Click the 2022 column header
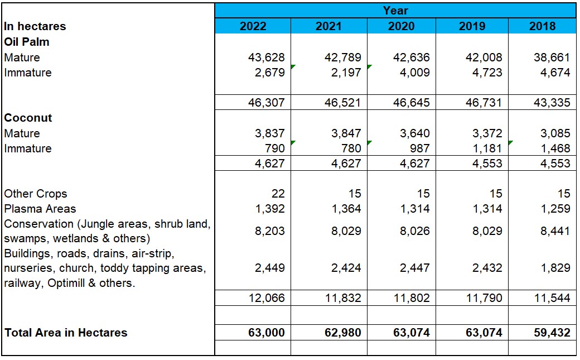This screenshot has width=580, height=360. pyautogui.click(x=253, y=26)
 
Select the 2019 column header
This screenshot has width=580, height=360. pyautogui.click(x=472, y=26)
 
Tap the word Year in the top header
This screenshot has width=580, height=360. pyautogui.click(x=395, y=11)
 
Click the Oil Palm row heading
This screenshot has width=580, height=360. pyautogui.click(x=27, y=42)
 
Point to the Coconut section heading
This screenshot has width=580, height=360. pyautogui.click(x=28, y=118)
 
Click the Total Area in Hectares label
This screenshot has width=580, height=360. pyautogui.click(x=66, y=333)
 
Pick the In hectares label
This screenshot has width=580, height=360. pyautogui.click(x=35, y=26)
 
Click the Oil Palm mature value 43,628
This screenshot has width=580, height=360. pyautogui.click(x=266, y=57)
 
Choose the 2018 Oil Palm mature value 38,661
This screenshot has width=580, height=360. pyautogui.click(x=552, y=57)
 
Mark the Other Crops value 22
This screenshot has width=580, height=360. pyautogui.click(x=278, y=194)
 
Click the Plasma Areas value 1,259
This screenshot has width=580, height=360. pyautogui.click(x=552, y=209)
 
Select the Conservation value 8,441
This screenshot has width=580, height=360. pyautogui.click(x=552, y=231)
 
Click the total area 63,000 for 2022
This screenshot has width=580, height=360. pyautogui.click(x=266, y=333)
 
